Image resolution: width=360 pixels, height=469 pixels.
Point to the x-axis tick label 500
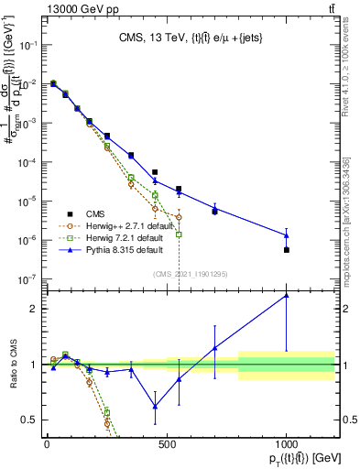click(x=167, y=442)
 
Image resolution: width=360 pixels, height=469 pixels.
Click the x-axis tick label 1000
click(x=286, y=442)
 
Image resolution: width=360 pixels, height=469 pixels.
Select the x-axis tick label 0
click(x=47, y=442)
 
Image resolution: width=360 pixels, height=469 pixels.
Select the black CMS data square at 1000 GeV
click(x=287, y=249)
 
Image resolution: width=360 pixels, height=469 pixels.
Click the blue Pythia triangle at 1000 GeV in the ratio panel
click(x=287, y=295)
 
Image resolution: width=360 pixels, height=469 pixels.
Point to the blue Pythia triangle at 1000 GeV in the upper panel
click(x=287, y=235)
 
